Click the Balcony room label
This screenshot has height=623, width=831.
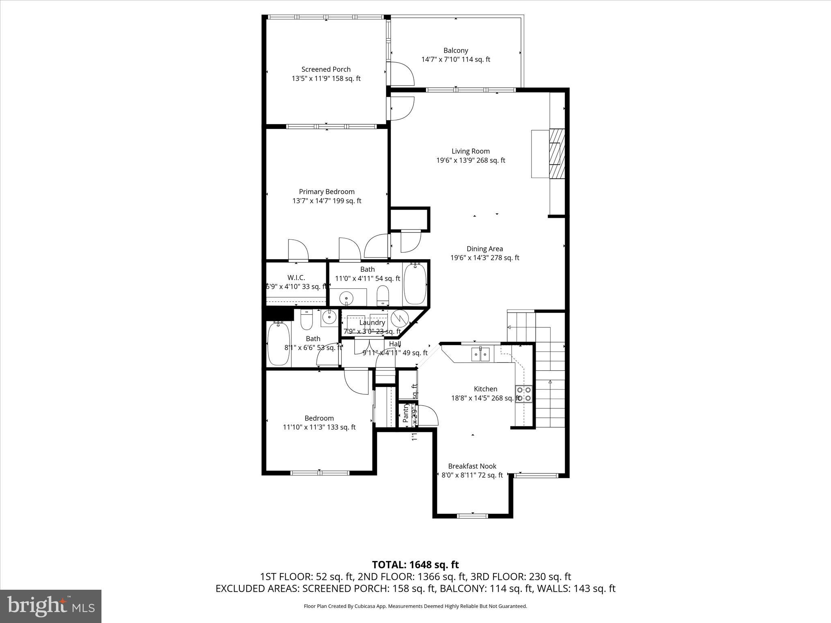455,51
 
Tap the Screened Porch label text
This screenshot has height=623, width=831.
326,69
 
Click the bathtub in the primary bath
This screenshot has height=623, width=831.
415,284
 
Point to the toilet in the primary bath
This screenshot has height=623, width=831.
383,295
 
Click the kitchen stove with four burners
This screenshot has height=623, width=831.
523,394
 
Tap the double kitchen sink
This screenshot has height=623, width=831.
480,354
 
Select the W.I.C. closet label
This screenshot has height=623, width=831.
296,277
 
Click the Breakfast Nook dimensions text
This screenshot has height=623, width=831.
472,475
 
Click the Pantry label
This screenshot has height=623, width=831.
406,413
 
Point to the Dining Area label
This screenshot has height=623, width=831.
484,249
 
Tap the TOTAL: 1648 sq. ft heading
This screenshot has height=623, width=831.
415,565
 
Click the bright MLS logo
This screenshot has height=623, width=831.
51,606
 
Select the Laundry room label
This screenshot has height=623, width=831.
372,322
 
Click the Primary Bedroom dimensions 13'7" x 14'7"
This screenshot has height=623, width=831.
327,201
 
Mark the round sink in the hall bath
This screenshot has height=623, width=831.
329,317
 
